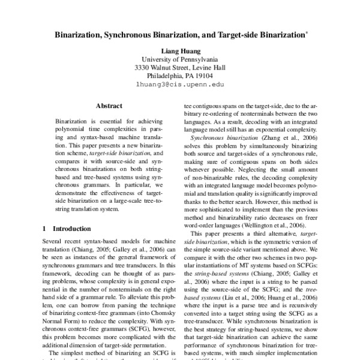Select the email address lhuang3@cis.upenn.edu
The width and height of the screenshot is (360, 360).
pos(179,86)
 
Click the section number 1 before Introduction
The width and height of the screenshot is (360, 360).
pos(46,229)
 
